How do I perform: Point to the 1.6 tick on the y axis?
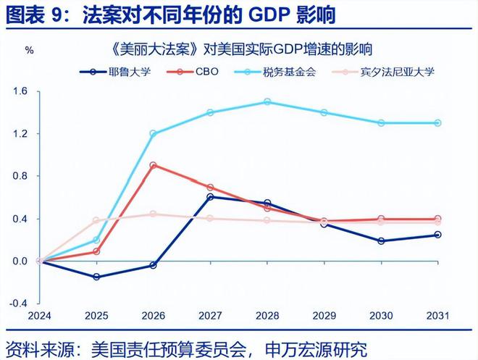pyautogui.click(x=20, y=91)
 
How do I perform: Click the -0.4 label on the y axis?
pyautogui.click(x=19, y=303)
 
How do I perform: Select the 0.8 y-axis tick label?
pyautogui.click(x=20, y=176)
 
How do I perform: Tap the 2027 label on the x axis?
pyautogui.click(x=210, y=316)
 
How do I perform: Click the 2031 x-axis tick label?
pyautogui.click(x=437, y=316)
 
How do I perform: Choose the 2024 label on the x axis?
pyautogui.click(x=40, y=316)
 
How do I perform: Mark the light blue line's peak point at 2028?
pyautogui.click(x=267, y=102)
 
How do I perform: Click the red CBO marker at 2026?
pyautogui.click(x=154, y=165)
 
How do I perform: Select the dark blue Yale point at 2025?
pyautogui.click(x=96, y=277)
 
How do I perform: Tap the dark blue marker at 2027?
pyautogui.click(x=210, y=197)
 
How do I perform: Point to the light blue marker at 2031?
pyautogui.click(x=437, y=123)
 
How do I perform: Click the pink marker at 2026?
pyautogui.click(x=154, y=214)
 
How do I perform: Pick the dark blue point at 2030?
pyautogui.click(x=381, y=240)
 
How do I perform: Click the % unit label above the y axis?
pyautogui.click(x=30, y=51)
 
